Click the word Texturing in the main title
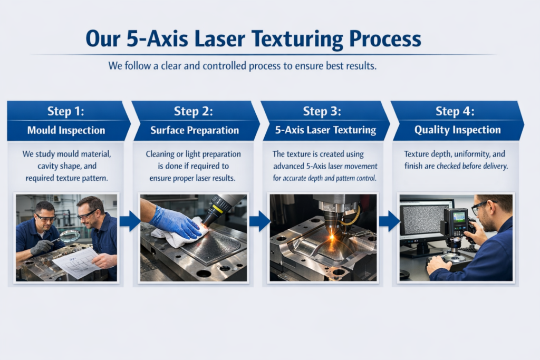point(297,39)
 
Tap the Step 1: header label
point(65,111)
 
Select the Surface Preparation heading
point(195,130)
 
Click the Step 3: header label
point(322,111)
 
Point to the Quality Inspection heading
point(457,130)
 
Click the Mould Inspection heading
point(66,130)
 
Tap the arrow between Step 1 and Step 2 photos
point(130,221)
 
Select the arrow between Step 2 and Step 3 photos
point(259,221)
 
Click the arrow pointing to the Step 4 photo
point(390,221)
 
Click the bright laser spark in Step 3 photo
point(332,237)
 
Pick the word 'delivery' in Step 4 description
point(495,166)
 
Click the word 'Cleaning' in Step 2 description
point(160,154)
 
